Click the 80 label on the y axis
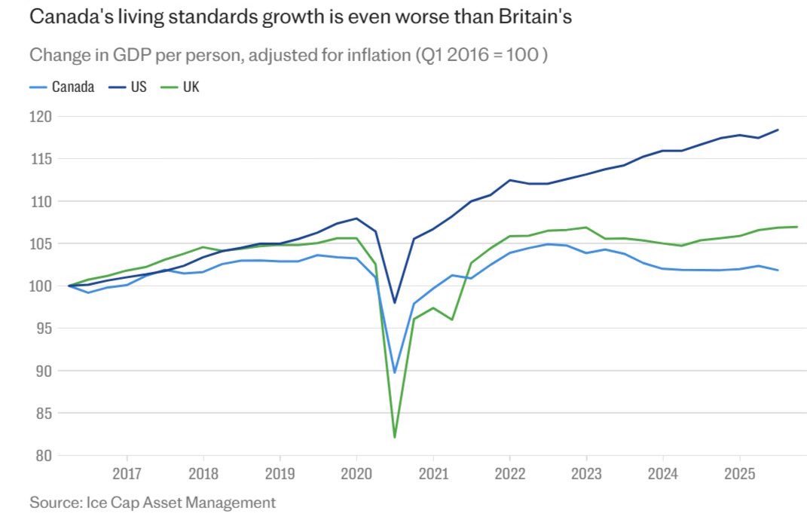(x=43, y=455)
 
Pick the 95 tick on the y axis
(x=43, y=329)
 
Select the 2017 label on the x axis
(x=127, y=476)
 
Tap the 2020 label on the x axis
(x=356, y=476)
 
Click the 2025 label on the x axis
(x=739, y=476)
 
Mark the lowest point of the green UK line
(x=395, y=437)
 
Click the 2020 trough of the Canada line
(x=395, y=372)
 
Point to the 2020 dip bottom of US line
(x=395, y=303)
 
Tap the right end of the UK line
(x=797, y=227)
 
